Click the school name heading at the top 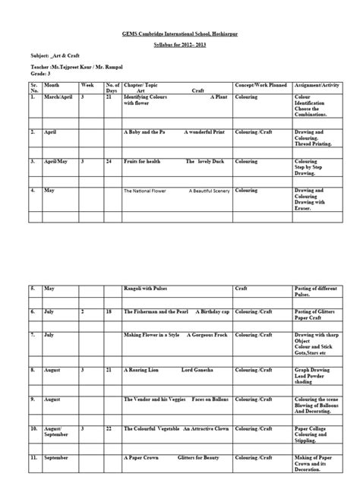click(x=180, y=35)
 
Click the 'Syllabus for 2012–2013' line click(x=180, y=47)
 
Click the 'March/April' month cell click(x=58, y=98)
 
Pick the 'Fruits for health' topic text click(x=144, y=162)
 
